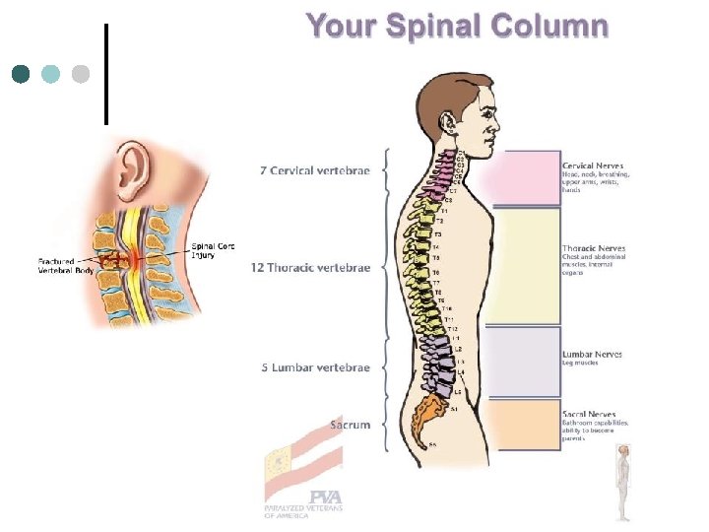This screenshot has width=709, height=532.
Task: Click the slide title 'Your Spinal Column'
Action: pyautogui.click(x=457, y=26)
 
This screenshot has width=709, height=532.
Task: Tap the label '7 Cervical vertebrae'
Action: pyautogui.click(x=315, y=170)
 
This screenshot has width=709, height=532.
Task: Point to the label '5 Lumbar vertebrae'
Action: pyautogui.click(x=315, y=367)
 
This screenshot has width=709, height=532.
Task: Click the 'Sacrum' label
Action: pyautogui.click(x=350, y=425)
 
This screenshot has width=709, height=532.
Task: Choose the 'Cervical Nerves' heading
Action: pyautogui.click(x=592, y=166)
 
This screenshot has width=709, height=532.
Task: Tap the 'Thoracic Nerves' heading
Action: pyautogui.click(x=593, y=248)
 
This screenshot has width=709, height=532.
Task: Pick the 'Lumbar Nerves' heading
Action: pyautogui.click(x=591, y=354)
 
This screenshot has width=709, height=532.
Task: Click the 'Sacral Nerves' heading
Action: pyautogui.click(x=589, y=414)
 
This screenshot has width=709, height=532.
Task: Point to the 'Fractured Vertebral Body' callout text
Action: pyautogui.click(x=64, y=265)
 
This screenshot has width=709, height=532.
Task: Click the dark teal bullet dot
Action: pyautogui.click(x=21, y=74)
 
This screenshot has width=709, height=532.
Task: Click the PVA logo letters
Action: pyautogui.click(x=324, y=498)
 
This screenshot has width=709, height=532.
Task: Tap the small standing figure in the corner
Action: pyautogui.click(x=622, y=482)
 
